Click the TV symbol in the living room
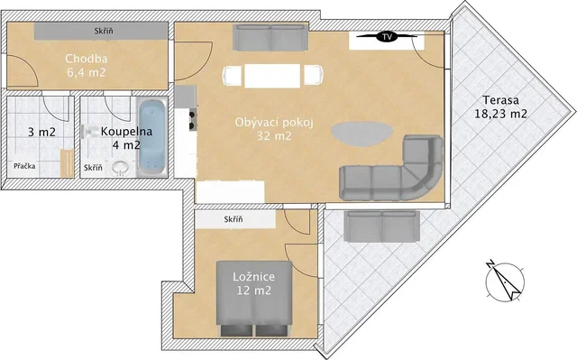(x=387, y=36)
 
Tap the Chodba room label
(x=87, y=59)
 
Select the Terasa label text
(x=501, y=100)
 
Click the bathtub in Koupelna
(x=152, y=136)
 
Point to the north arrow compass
(x=505, y=281)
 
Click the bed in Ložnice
(x=254, y=299)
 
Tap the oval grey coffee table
(x=362, y=134)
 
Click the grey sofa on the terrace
(x=382, y=226)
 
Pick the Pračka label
(x=24, y=166)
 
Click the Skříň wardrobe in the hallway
(x=101, y=31)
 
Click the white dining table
(x=272, y=76)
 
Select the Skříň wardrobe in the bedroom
(x=235, y=219)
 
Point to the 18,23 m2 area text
(x=501, y=114)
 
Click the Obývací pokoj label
(x=274, y=122)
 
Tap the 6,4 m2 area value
(x=87, y=72)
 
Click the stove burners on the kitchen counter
(x=192, y=120)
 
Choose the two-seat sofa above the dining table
(x=270, y=38)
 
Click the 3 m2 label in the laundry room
(x=41, y=132)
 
